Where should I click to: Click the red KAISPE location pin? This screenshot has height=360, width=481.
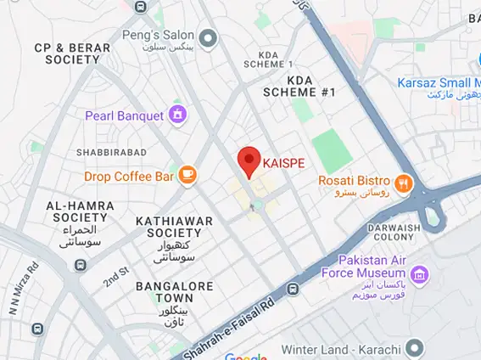[x=248, y=160]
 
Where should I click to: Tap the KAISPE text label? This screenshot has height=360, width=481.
[x=283, y=161]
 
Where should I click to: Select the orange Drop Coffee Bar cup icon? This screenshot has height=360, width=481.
[x=187, y=176]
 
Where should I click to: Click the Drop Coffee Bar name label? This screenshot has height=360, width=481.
[x=129, y=177]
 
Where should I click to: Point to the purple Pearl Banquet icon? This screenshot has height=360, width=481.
[x=177, y=114]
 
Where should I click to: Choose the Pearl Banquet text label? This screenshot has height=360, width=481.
[x=125, y=115]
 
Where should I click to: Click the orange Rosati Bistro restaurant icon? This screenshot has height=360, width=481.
[x=403, y=181]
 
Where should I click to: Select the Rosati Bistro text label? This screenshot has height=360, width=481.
[x=354, y=180]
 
